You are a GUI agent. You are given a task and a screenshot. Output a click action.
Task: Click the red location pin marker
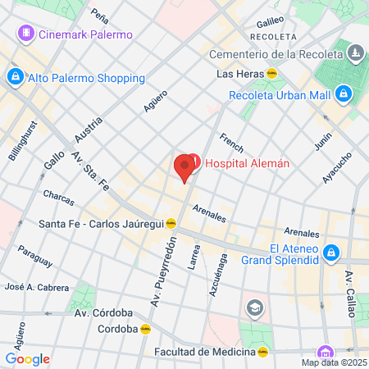pyautogui.click(x=184, y=167)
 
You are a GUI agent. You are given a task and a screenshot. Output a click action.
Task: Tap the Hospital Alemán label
pyautogui.click(x=246, y=162)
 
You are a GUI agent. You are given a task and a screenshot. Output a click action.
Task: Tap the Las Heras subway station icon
pyautogui.click(x=271, y=73)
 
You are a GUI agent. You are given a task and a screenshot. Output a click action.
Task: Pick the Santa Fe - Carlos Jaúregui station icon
pyautogui.click(x=171, y=222)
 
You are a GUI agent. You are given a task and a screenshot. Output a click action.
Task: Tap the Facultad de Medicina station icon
pyautogui.click(x=262, y=352)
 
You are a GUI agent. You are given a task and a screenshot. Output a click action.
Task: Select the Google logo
pyautogui.click(x=27, y=358)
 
